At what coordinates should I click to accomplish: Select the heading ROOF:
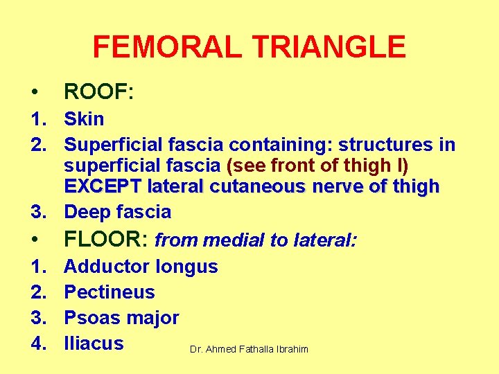(98, 91)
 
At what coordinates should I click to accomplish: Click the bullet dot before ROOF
(33, 92)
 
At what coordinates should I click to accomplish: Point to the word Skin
(84, 119)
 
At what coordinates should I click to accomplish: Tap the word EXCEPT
(100, 186)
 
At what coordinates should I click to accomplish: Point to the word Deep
(87, 212)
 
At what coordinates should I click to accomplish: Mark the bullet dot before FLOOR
(33, 240)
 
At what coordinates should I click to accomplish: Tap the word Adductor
(107, 267)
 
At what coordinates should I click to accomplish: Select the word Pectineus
(109, 292)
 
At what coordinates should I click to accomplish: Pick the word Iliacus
(94, 344)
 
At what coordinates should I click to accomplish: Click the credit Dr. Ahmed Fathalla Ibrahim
(249, 349)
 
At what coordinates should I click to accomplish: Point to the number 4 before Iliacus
(35, 344)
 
